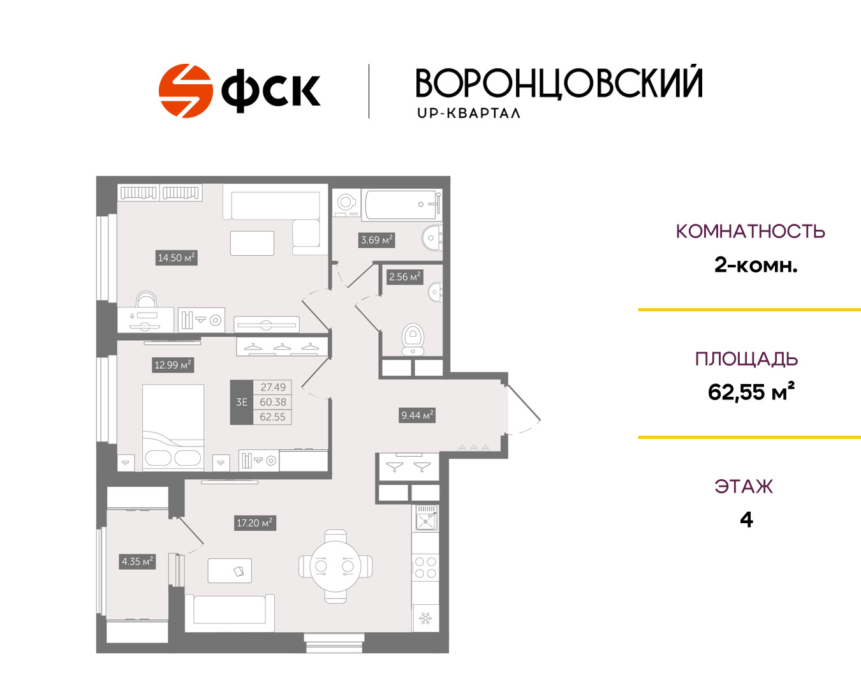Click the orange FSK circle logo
tap(185, 91)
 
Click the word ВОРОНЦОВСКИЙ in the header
tap(559, 83)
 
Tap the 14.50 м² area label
tap(176, 258)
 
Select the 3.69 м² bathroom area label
tap(376, 240)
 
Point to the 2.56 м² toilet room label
tap(405, 277)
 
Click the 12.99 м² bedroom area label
tap(173, 365)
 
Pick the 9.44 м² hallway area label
tap(417, 415)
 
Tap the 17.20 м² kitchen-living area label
tap(255, 523)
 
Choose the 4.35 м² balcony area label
tap(137, 561)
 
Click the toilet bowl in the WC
tap(413, 339)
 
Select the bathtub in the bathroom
tap(402, 205)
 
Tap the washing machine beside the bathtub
tap(346, 203)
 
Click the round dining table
tap(335, 567)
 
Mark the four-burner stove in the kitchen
tap(425, 568)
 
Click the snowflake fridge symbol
tap(425, 618)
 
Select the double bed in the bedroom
tap(173, 427)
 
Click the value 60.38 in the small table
tap(273, 402)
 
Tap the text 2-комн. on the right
tap(756, 265)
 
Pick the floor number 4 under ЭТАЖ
tap(747, 520)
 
